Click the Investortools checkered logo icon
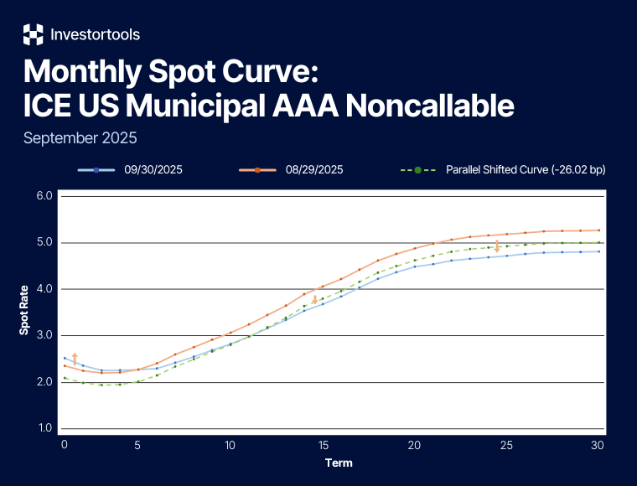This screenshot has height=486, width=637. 33,34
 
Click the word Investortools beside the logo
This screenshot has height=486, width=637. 95,34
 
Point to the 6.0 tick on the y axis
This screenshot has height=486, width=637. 44,196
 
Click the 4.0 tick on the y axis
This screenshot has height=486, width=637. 44,289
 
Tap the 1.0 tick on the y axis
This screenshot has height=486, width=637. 44,428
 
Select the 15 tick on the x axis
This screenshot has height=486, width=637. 322,445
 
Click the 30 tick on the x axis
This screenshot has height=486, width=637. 598,445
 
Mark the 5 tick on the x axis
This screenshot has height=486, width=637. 138,445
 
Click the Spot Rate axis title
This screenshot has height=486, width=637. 24,313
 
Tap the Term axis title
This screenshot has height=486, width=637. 339,463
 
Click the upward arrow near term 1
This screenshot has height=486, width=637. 75,359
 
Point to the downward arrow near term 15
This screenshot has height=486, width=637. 315,299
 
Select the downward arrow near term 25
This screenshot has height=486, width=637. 497,246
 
